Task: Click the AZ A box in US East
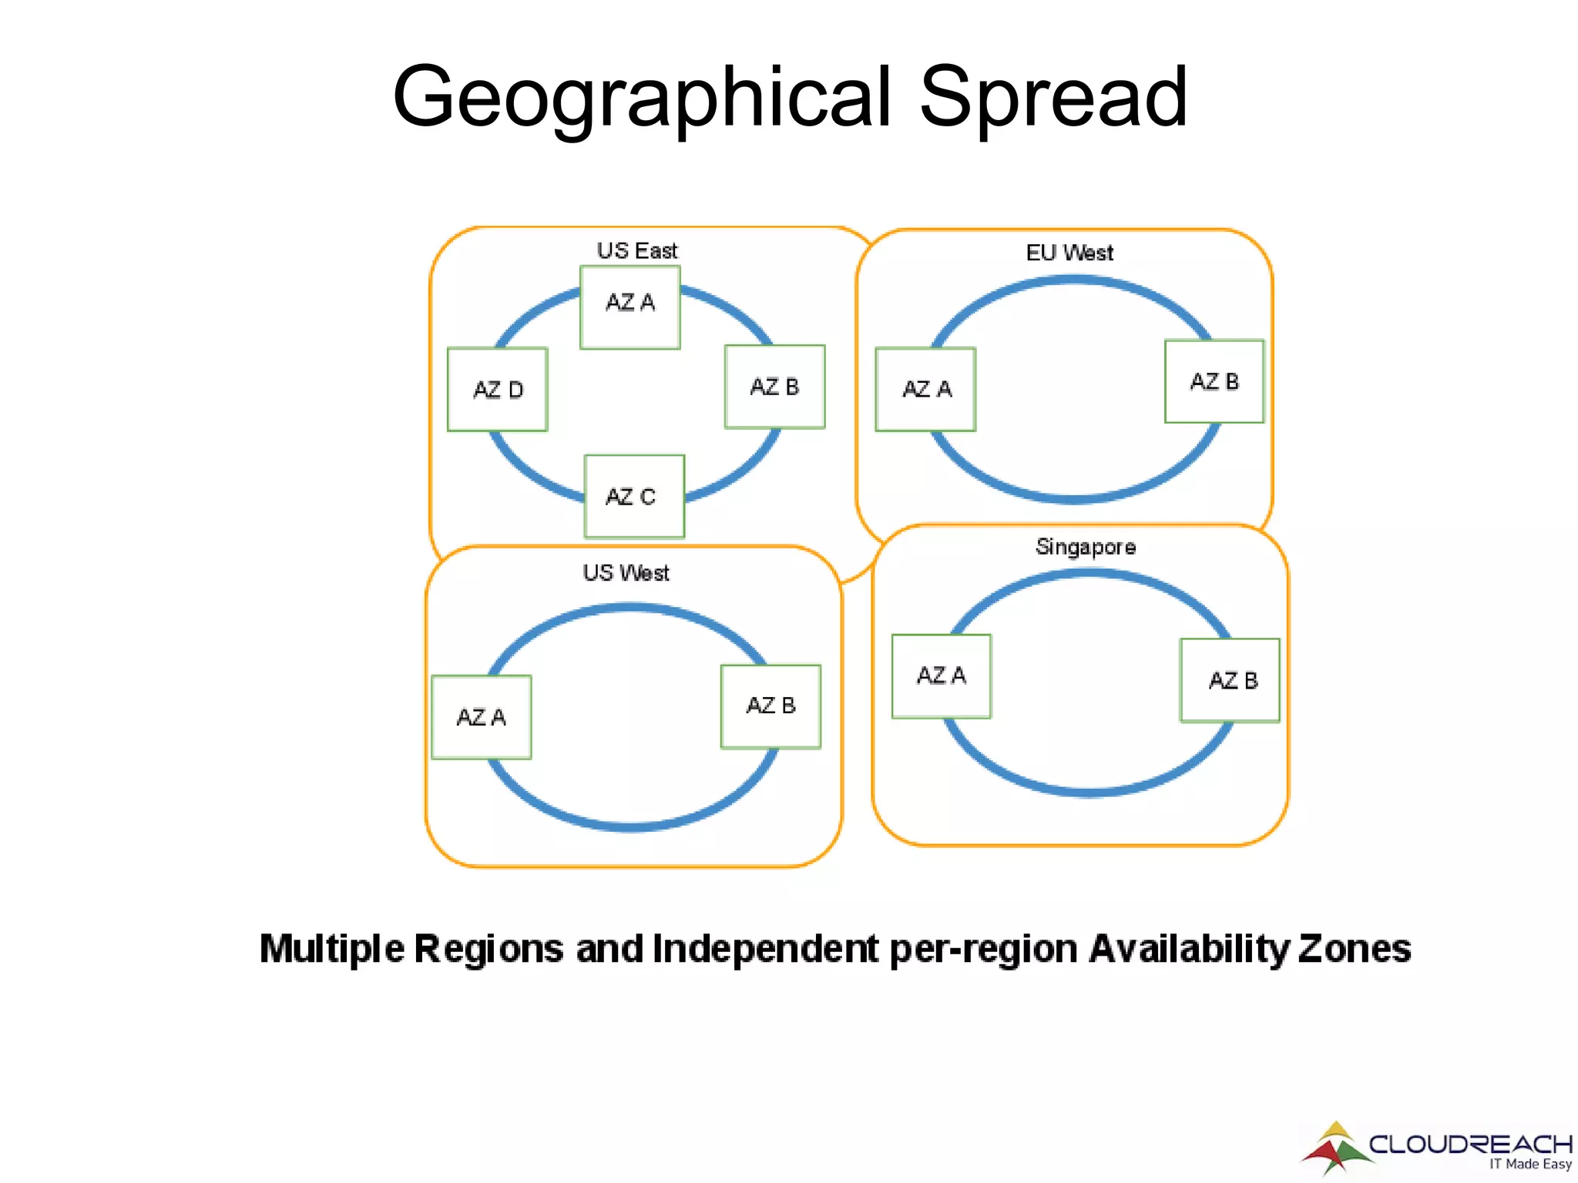click(x=630, y=307)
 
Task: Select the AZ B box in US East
click(x=774, y=387)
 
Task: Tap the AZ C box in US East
click(x=633, y=496)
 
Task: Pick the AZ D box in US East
click(x=497, y=390)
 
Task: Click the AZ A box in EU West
click(x=925, y=389)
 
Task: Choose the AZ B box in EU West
click(x=1214, y=381)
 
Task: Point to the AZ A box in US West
click(x=481, y=717)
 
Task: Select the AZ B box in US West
click(x=771, y=706)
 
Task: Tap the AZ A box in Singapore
click(x=941, y=676)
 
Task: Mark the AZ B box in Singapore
click(x=1230, y=680)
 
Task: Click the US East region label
click(x=636, y=250)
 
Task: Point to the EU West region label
click(x=1069, y=253)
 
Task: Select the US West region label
click(x=626, y=573)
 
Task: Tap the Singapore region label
click(x=1085, y=547)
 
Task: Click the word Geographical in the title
click(x=642, y=99)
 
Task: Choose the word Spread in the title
click(x=1053, y=97)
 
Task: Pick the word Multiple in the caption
click(x=331, y=948)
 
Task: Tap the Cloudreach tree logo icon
click(x=1335, y=1148)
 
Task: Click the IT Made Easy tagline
click(x=1529, y=1164)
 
